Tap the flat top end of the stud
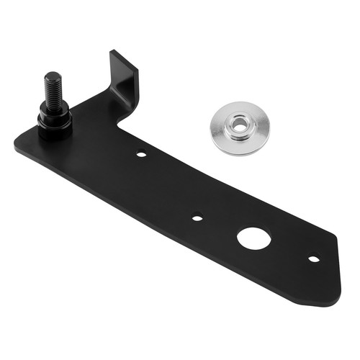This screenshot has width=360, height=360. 51,75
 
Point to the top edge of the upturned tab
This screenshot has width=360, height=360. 123,57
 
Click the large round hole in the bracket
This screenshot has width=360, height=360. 252,238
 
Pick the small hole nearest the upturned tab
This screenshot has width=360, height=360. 141,153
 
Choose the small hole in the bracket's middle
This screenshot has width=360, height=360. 197,216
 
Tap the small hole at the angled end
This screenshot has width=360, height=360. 313,258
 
